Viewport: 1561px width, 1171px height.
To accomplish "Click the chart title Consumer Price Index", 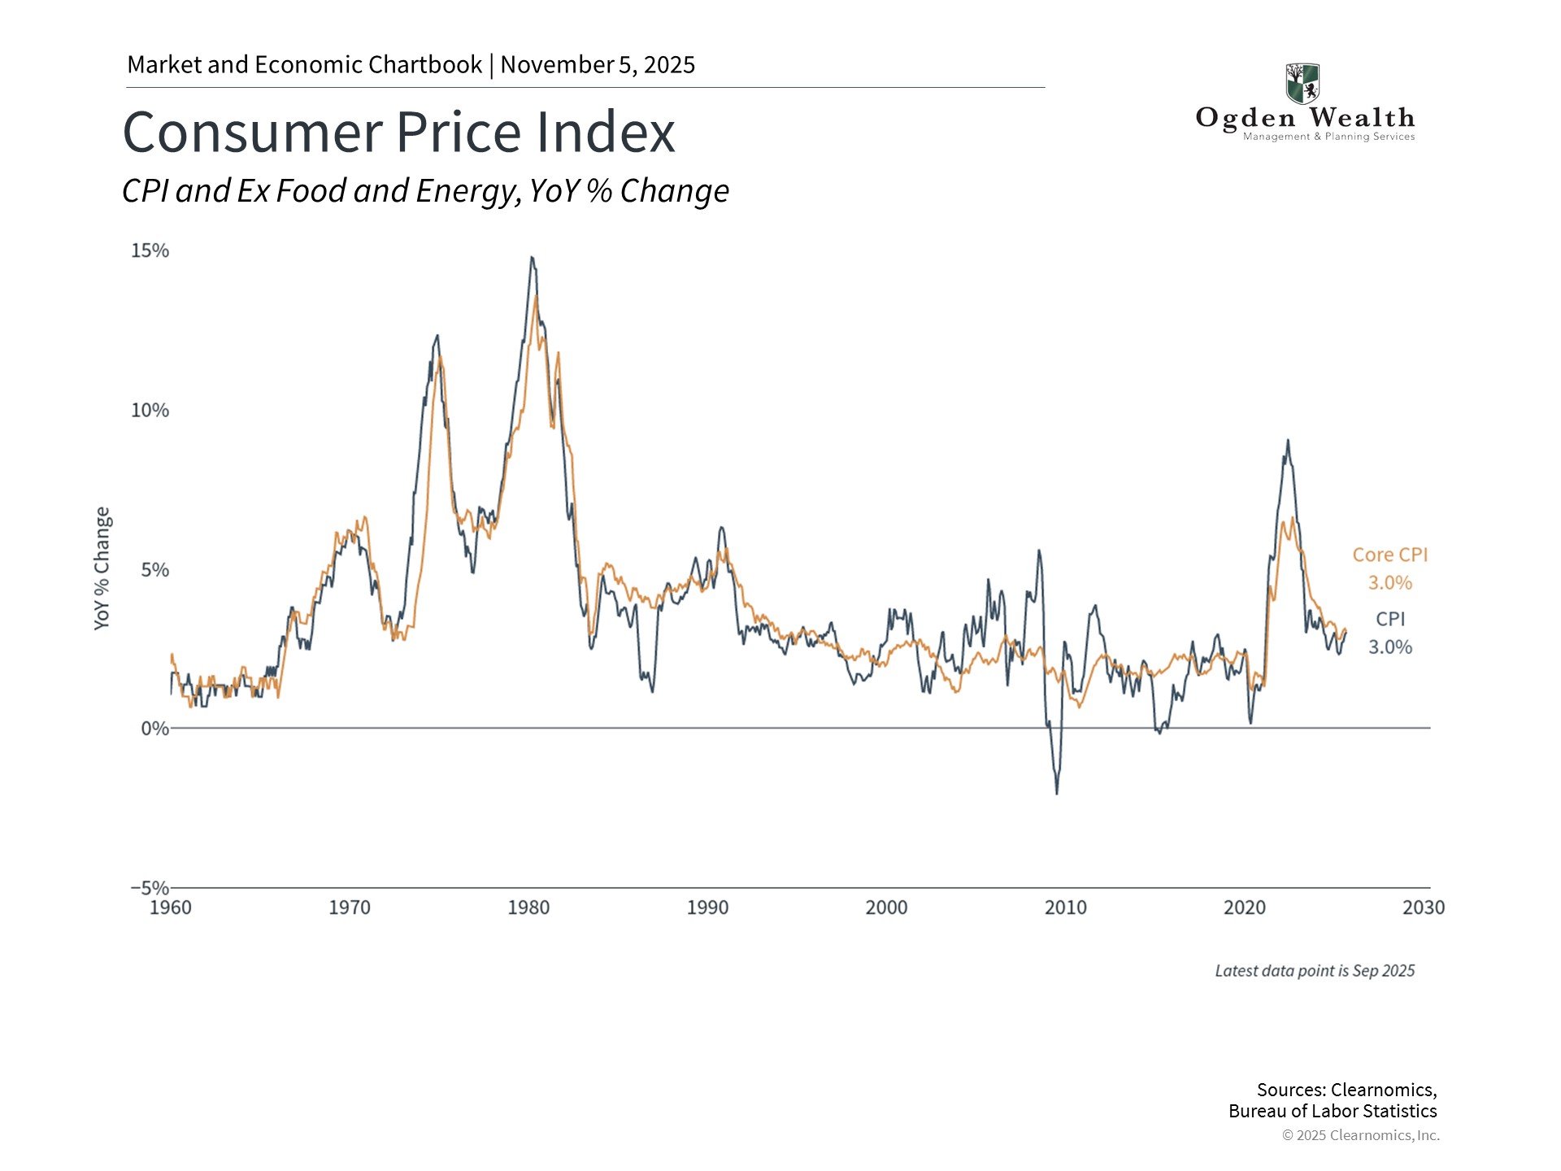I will tap(398, 133).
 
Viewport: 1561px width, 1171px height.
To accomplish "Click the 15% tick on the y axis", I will tap(150, 250).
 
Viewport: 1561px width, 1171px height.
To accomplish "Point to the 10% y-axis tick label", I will tap(150, 410).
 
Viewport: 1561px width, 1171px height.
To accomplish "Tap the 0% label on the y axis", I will tap(154, 729).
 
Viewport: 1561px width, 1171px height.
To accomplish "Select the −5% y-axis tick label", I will tap(150, 887).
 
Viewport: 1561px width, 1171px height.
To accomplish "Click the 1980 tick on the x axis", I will tap(528, 908).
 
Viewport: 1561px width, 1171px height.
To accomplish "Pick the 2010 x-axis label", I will tap(1065, 908).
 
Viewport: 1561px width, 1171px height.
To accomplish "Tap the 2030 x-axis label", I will tap(1423, 908).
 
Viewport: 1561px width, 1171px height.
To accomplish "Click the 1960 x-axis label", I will tap(171, 908).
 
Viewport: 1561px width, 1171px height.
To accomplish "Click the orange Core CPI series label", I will tap(1389, 555).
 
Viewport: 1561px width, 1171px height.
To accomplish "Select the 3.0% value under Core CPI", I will tap(1389, 583).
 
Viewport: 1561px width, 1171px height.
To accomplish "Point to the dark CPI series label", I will tap(1389, 619).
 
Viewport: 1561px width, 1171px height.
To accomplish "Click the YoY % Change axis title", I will tap(102, 568).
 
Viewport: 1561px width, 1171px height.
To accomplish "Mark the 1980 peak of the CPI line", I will tap(532, 258).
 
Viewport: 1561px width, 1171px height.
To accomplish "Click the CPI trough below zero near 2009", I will tap(1057, 793).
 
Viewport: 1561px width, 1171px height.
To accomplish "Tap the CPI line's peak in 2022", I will tap(1288, 441).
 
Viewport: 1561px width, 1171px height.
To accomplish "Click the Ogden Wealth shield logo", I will tap(1302, 84).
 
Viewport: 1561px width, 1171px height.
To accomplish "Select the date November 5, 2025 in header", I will tap(598, 65).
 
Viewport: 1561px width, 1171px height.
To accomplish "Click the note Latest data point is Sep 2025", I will tap(1315, 971).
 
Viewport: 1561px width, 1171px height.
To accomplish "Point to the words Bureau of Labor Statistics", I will tap(1333, 1112).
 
